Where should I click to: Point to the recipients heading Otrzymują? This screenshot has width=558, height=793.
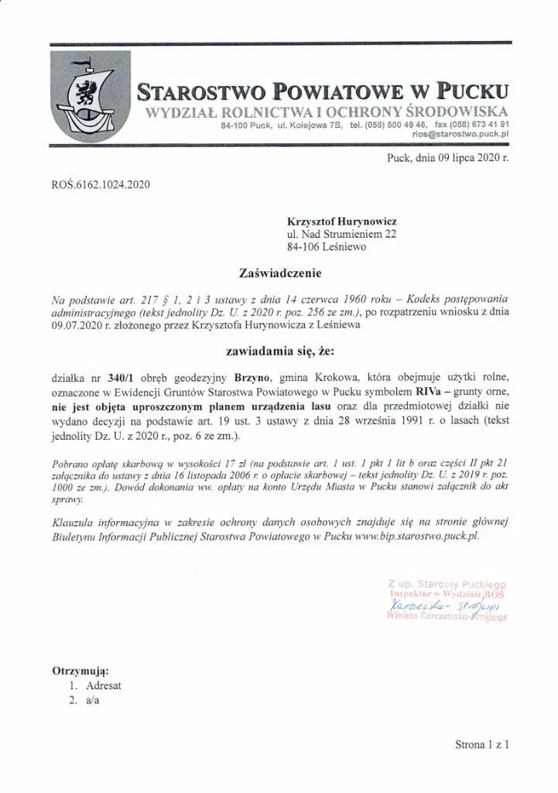(80, 670)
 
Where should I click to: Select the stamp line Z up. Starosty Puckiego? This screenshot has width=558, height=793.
(447, 582)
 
